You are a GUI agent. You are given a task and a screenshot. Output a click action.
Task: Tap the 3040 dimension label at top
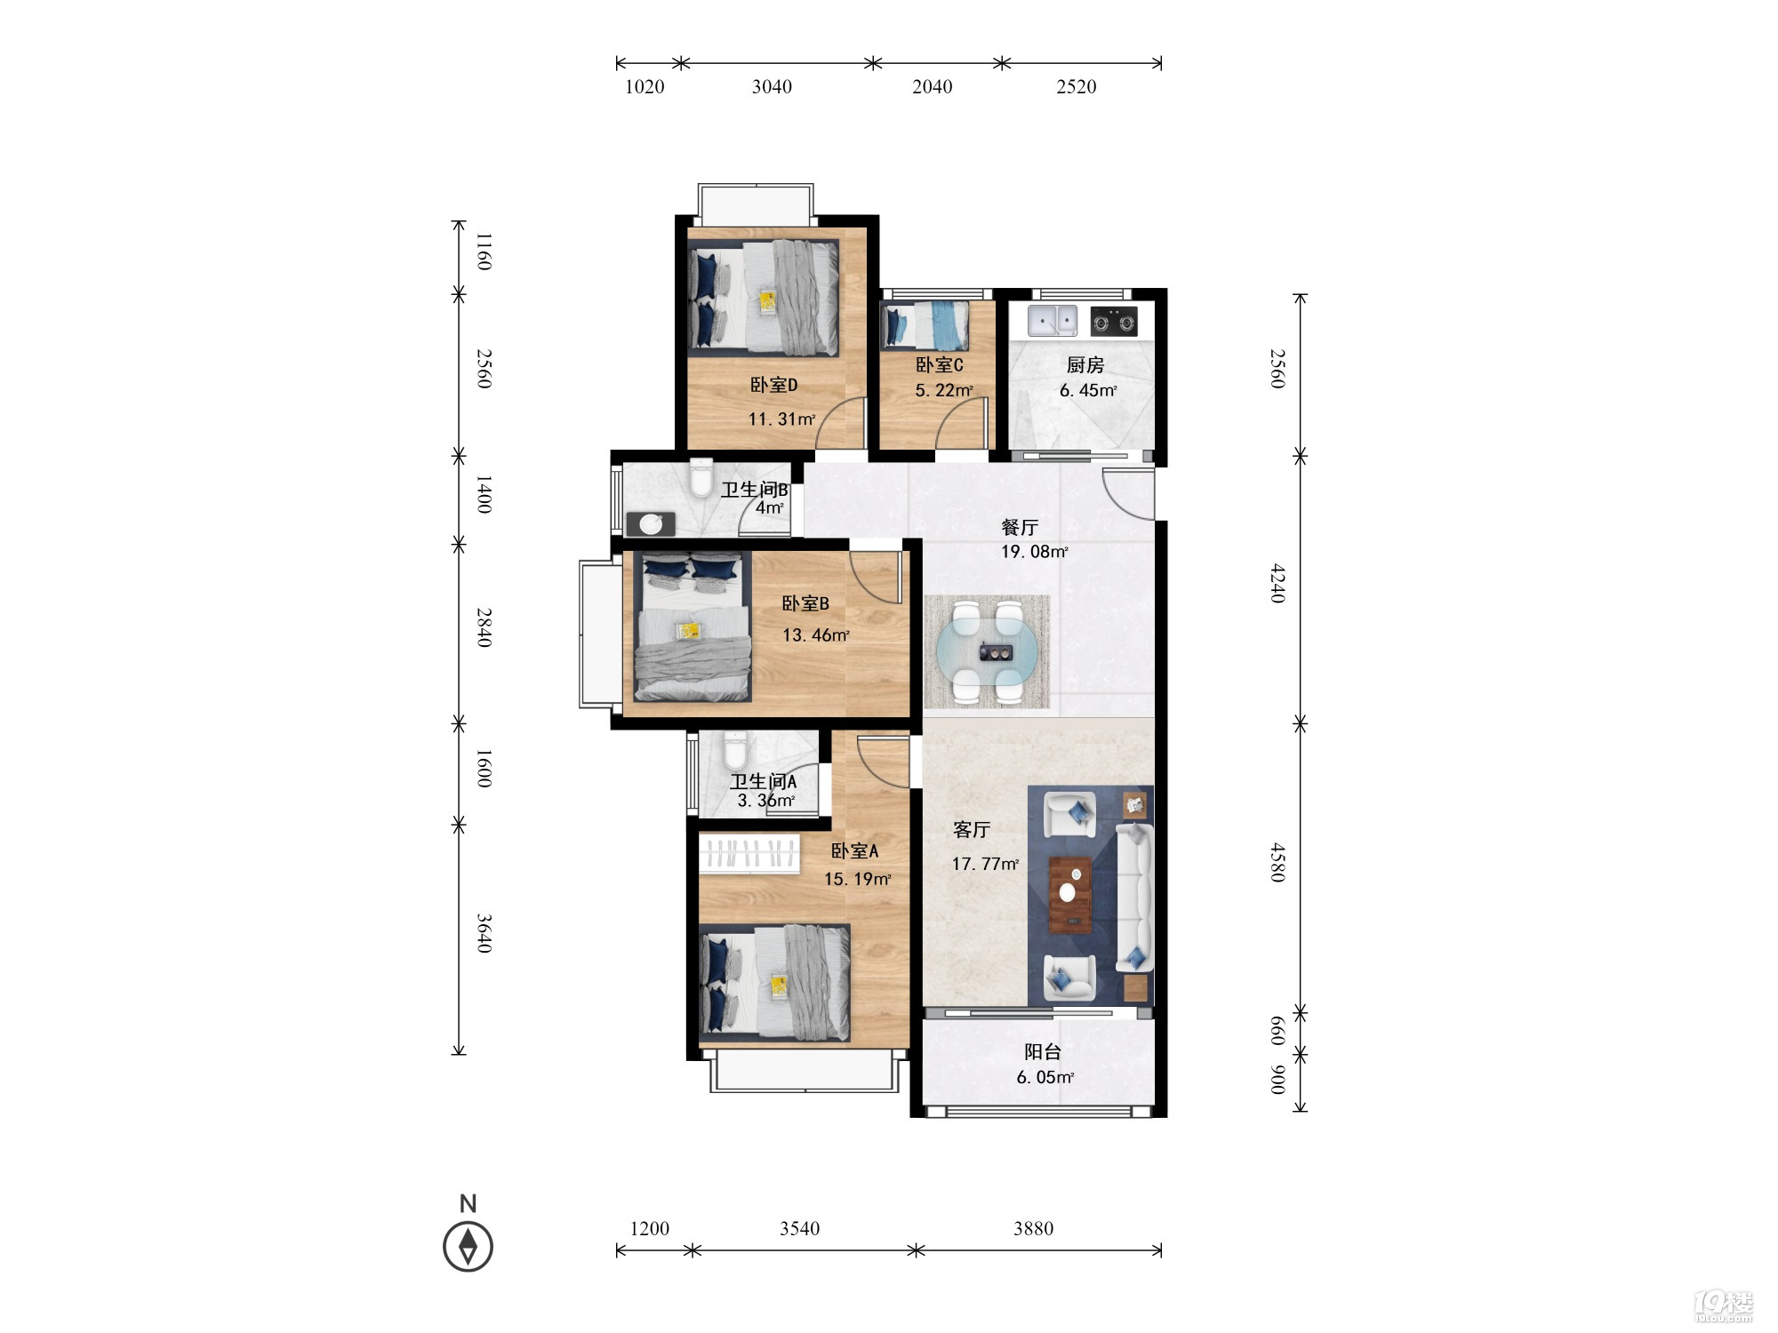point(772,86)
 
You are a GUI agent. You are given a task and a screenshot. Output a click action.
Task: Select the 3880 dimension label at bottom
point(1033,1228)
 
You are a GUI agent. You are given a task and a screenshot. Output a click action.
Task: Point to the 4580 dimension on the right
point(1277,862)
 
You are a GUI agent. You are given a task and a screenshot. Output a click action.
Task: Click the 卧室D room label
point(773,385)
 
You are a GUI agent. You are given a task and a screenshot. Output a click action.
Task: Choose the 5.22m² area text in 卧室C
point(943,390)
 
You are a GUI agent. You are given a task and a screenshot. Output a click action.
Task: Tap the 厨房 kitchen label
point(1085,364)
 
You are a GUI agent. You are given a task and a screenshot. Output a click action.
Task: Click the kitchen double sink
point(1053,320)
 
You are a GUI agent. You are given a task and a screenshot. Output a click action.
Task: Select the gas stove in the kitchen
point(1114,321)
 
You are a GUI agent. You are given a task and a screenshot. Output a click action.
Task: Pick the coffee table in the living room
point(1071,895)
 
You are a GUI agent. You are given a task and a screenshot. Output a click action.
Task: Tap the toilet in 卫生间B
point(702,476)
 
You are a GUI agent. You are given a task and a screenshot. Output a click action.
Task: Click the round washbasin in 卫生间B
point(651,524)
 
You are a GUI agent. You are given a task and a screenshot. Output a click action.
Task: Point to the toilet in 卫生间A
point(735,751)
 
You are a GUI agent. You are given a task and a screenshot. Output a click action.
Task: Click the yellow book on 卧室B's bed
point(689,630)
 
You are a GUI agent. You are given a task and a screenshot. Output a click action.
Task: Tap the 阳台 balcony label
point(1043,1052)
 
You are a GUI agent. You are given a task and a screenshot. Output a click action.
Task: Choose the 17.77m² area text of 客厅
point(985,864)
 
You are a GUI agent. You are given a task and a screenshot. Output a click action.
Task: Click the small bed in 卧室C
point(925,325)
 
